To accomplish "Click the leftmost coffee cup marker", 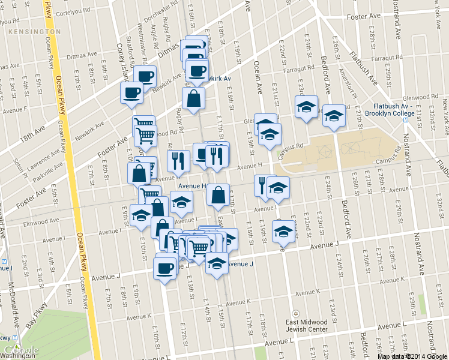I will [x=132, y=94].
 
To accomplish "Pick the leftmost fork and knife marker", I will [x=178, y=161].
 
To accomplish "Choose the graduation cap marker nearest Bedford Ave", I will [x=334, y=116].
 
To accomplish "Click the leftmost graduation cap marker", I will [x=141, y=216].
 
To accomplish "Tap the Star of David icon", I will [x=295, y=314].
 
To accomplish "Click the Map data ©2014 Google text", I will [x=412, y=356].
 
